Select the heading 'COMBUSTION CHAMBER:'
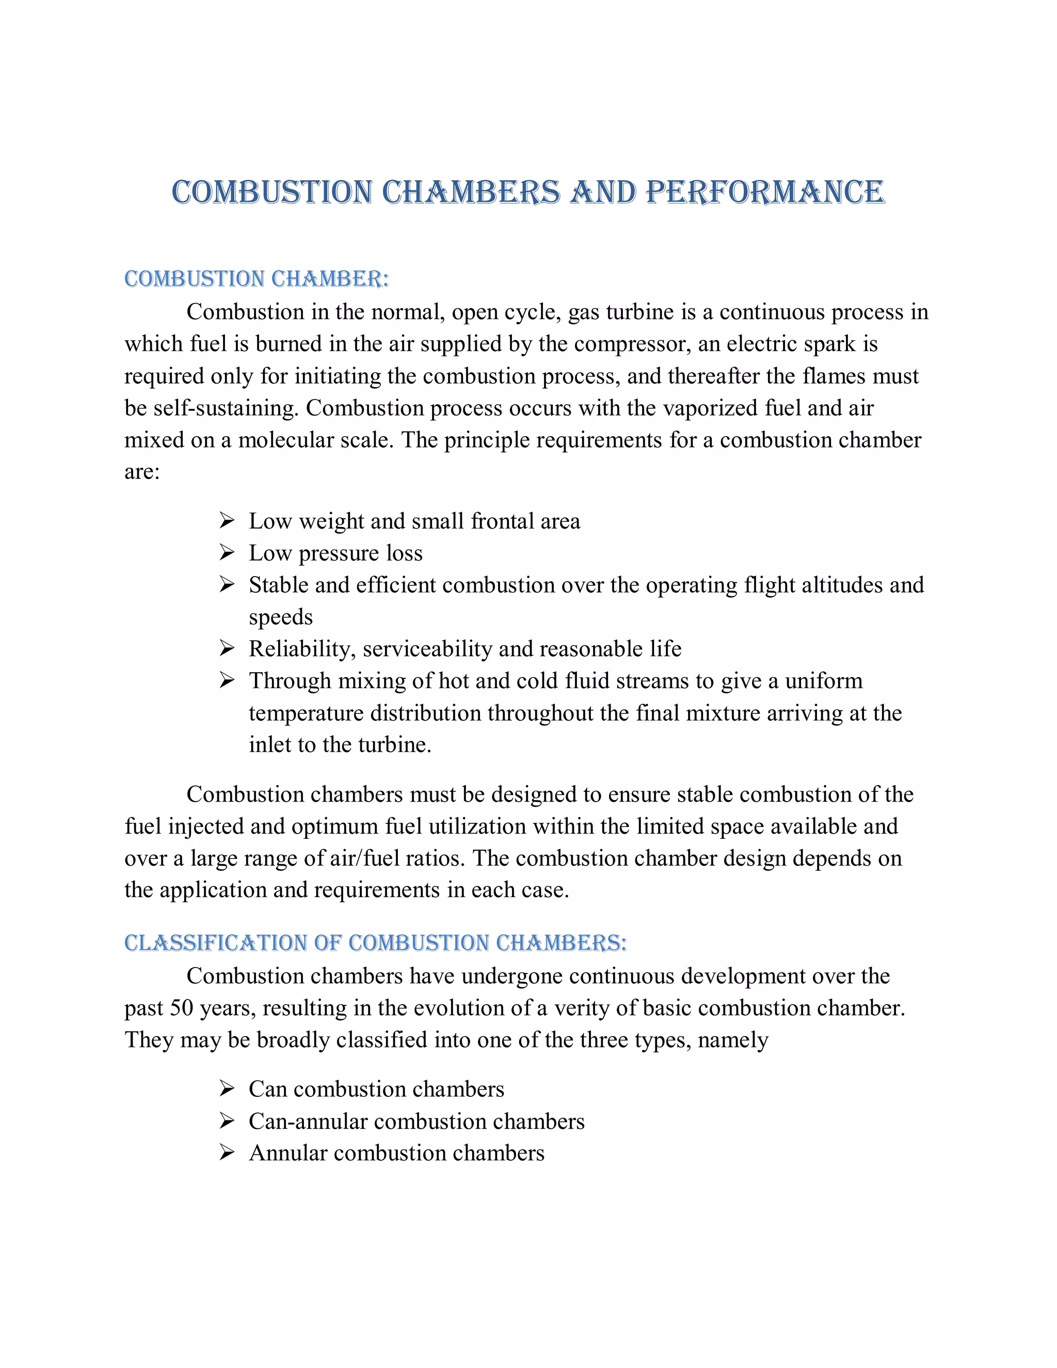click(x=256, y=279)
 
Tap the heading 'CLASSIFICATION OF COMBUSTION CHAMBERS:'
click(x=375, y=943)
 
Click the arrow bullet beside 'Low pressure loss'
click(x=227, y=552)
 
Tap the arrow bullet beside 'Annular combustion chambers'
click(x=227, y=1153)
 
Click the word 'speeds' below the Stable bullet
click(x=281, y=617)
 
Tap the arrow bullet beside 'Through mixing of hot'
click(x=227, y=680)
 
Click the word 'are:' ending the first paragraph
click(x=142, y=472)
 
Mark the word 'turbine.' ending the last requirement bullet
click(x=394, y=745)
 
